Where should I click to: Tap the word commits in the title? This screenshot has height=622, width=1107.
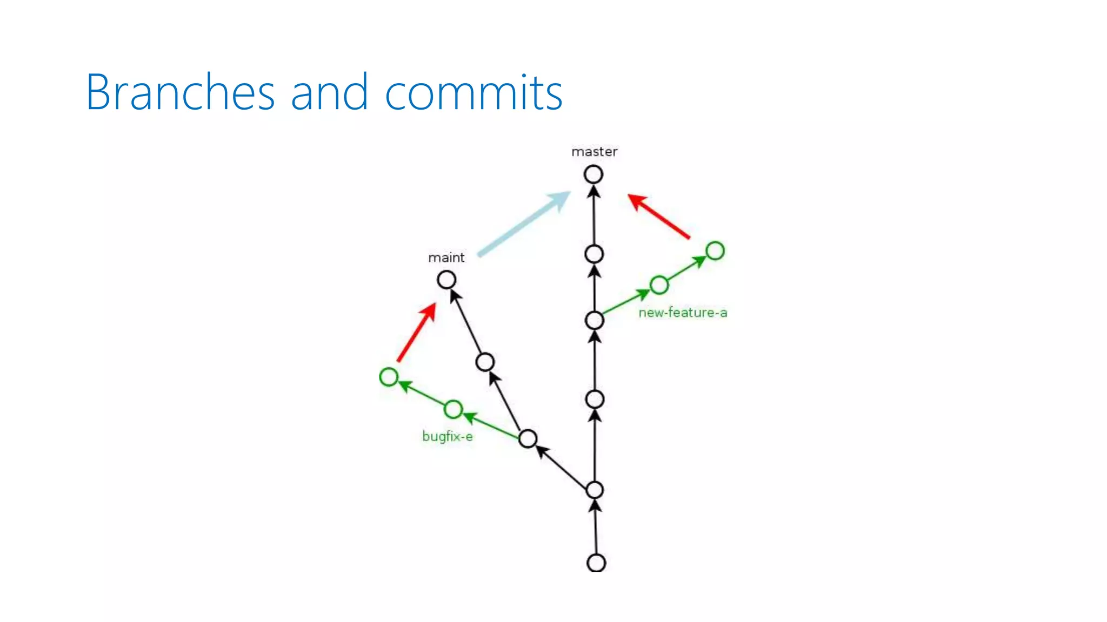point(474,93)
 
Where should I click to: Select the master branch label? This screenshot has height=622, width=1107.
point(594,152)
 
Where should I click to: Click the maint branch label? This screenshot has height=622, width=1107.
point(446,258)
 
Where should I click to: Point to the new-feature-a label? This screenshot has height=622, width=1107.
point(683,313)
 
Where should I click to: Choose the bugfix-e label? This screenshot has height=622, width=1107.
point(447,436)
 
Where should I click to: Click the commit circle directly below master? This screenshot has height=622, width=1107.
point(593,174)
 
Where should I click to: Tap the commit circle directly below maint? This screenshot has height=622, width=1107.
point(446,280)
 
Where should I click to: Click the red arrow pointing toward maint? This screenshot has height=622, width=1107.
point(416,332)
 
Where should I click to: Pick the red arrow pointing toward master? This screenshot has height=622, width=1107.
point(658,216)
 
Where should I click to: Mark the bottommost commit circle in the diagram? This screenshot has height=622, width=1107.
point(596,563)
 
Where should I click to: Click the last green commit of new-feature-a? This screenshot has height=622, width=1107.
point(715,251)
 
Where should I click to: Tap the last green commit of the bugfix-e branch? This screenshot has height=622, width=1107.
point(389,377)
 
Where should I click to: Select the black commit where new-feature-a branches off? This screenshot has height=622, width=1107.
point(595,320)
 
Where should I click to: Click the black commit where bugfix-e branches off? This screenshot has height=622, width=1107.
point(528,438)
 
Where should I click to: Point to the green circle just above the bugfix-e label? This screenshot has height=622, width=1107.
point(453,409)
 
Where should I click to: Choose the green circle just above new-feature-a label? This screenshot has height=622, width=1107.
point(659,285)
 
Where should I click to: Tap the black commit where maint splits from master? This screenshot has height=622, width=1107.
point(595,490)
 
